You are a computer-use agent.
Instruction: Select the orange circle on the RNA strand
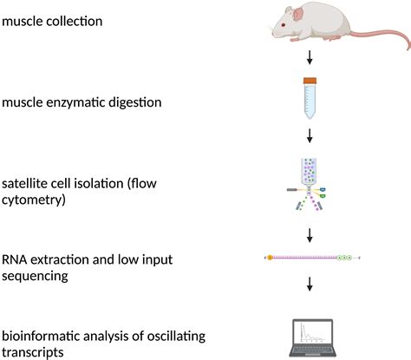point(270,258)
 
